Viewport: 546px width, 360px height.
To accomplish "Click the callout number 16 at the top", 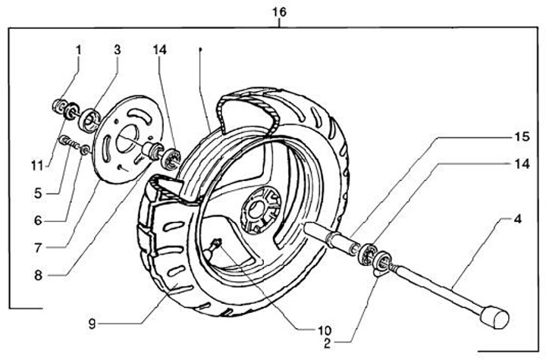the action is click(280, 13).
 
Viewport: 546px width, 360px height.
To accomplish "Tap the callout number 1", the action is click(77, 50).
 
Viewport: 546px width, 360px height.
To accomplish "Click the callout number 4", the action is click(517, 220).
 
